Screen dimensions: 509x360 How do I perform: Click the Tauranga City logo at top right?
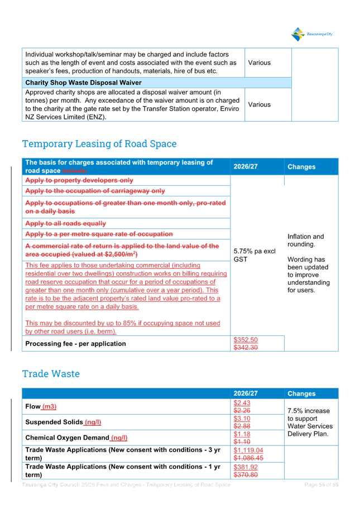(312, 34)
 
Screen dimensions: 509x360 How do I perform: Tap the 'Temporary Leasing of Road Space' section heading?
(99, 144)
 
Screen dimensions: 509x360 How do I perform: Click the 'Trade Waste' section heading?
(51, 373)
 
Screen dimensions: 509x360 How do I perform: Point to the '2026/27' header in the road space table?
(245, 166)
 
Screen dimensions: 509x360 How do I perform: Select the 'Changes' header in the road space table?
(301, 167)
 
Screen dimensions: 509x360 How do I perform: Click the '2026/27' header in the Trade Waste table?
(245, 393)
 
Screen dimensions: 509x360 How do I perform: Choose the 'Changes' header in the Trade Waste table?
(301, 393)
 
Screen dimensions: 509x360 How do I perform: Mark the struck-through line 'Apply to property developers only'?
(79, 180)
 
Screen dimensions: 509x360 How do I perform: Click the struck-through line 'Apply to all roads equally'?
(66, 223)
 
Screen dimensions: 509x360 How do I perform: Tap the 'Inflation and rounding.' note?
(305, 241)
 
